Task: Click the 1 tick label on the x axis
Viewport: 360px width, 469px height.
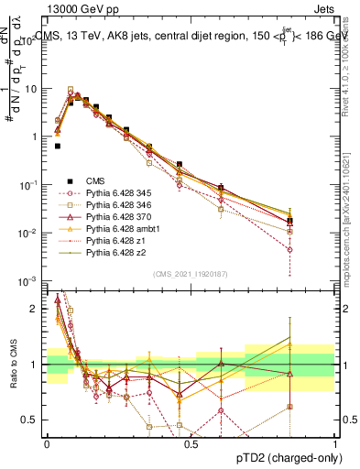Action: click(334, 443)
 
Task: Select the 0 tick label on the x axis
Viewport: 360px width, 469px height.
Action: click(47, 443)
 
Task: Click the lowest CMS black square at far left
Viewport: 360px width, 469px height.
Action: click(58, 146)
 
